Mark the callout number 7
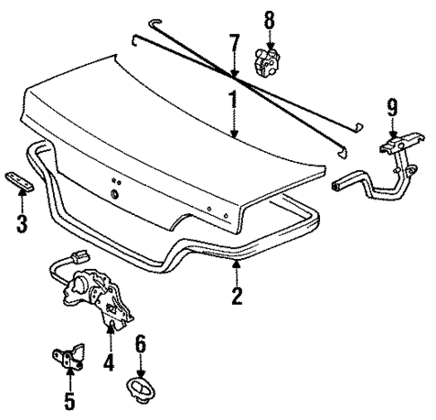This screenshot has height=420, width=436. (x=233, y=43)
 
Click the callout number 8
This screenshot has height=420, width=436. (x=268, y=17)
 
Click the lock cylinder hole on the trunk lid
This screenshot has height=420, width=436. (x=114, y=196)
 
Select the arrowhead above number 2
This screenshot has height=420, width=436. (x=236, y=265)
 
